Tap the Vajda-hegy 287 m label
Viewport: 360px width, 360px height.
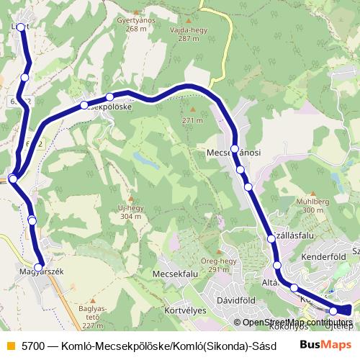(x=184, y=34)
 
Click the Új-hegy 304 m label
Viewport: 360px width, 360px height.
(x=130, y=211)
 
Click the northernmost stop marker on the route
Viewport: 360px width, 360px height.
(x=20, y=27)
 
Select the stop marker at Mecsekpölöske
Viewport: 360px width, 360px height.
(x=110, y=97)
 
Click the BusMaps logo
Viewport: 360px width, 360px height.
(x=323, y=343)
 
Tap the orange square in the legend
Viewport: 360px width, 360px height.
(x=9, y=343)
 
